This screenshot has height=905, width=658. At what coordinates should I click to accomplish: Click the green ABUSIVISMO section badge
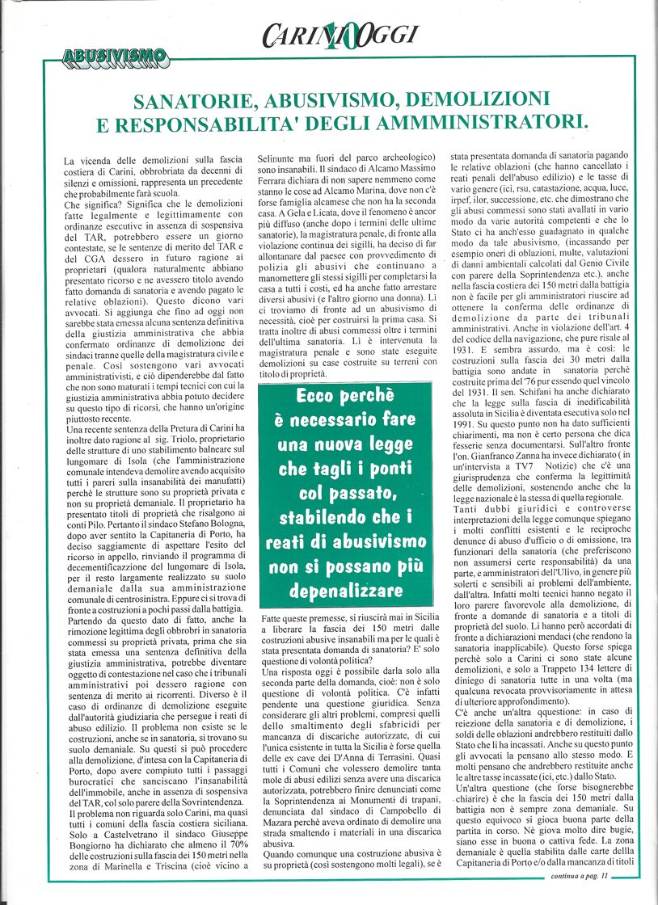(x=116, y=57)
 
